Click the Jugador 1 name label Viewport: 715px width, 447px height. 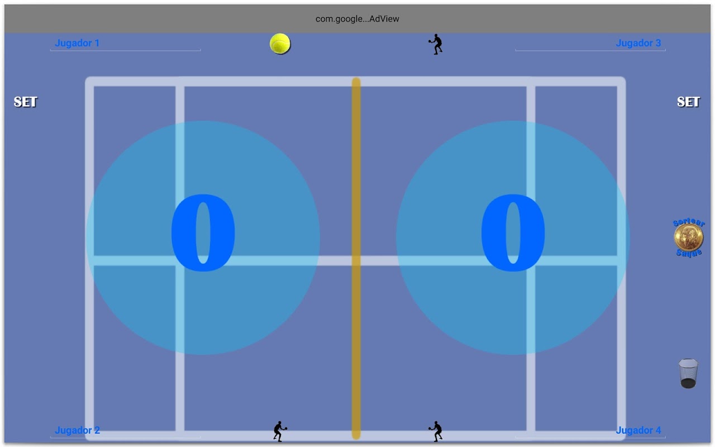coord(77,43)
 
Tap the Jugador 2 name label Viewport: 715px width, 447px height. coord(77,430)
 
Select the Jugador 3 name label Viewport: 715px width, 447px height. coord(638,43)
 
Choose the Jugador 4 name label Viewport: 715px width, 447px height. coord(638,430)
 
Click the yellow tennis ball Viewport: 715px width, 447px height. coord(280,44)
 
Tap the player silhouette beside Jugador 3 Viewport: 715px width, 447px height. coord(436,44)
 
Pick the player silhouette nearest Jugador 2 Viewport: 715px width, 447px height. coord(280,431)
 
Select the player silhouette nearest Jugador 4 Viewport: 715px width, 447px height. coord(436,431)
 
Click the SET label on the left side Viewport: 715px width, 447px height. coord(25,102)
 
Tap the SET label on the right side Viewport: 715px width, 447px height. coord(688,102)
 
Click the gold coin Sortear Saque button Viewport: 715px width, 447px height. coord(688,238)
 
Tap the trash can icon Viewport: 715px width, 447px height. coord(688,373)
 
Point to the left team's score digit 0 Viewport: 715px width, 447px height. coord(203,234)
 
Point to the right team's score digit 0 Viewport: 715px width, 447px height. coord(513,234)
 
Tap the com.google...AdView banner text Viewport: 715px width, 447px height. coord(357,18)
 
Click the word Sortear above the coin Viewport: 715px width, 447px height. coord(689,223)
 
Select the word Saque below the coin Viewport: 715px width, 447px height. coord(689,254)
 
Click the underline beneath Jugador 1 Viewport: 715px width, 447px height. coord(125,50)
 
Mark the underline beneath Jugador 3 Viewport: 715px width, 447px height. coord(590,50)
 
